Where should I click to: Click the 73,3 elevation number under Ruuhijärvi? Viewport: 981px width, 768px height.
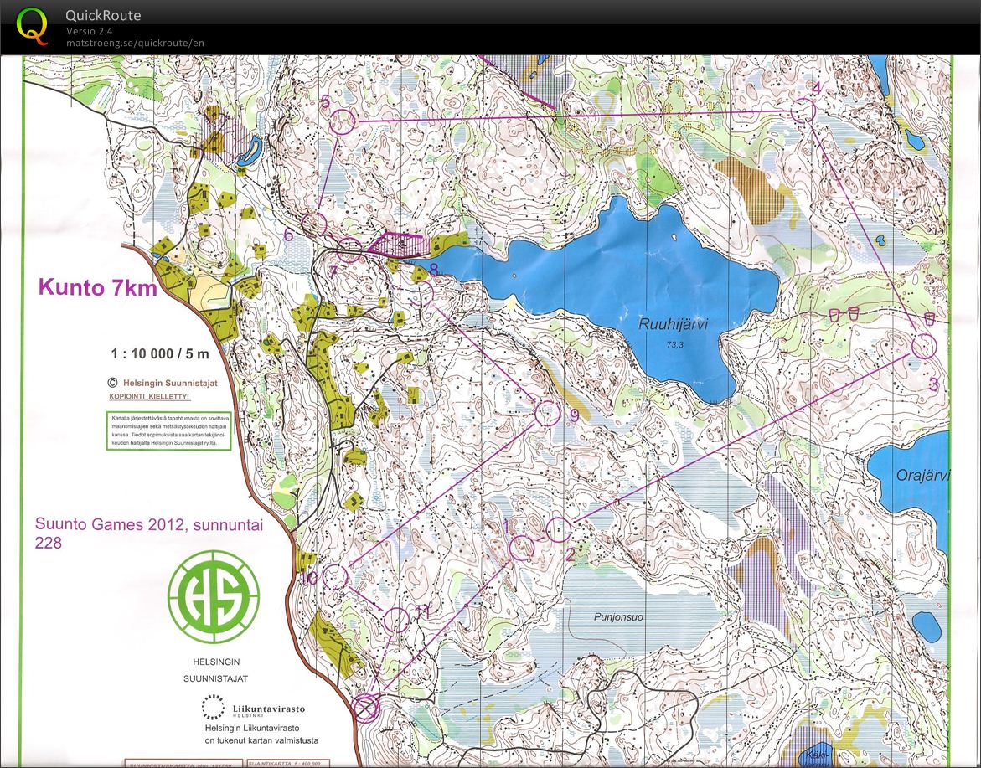click(672, 344)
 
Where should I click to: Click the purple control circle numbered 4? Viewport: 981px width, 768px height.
click(803, 111)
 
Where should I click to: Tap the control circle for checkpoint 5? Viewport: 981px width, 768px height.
click(343, 122)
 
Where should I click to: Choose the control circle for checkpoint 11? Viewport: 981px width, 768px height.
click(398, 620)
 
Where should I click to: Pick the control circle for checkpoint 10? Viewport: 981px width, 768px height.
click(335, 576)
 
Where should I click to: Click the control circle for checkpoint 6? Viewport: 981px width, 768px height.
click(313, 224)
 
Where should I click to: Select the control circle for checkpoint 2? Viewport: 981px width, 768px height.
click(559, 529)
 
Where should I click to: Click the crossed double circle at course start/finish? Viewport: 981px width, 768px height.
click(365, 708)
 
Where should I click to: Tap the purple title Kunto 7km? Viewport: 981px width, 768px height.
click(97, 288)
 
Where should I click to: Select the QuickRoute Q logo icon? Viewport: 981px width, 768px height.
click(32, 24)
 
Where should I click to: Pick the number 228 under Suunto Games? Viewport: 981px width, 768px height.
click(49, 543)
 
